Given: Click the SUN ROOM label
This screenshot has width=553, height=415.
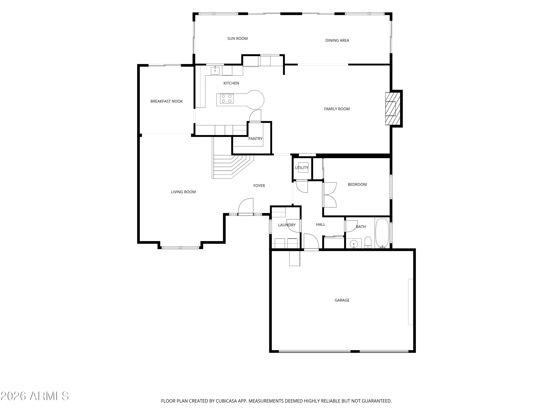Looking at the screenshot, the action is (x=237, y=39).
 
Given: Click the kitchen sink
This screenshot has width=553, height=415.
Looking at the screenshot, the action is (x=215, y=70).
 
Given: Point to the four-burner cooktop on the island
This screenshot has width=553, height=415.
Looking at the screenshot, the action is (x=227, y=98).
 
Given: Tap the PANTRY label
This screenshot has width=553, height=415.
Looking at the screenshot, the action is (x=255, y=139).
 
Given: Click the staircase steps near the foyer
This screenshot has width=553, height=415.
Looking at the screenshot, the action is (x=232, y=166).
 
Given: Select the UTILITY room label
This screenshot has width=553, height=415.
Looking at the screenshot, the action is (x=302, y=168).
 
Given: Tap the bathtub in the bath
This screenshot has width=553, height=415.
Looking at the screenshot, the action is (x=382, y=233).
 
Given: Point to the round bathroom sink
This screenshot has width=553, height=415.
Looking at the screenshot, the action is (x=354, y=244).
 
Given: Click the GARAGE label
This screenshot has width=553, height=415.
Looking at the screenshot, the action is (x=342, y=300).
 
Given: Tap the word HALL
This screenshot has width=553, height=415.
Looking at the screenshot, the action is (x=321, y=225).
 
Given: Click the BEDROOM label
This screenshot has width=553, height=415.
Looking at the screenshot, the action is (x=357, y=185).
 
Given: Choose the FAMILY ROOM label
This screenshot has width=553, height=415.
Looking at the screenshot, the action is (x=337, y=109).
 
